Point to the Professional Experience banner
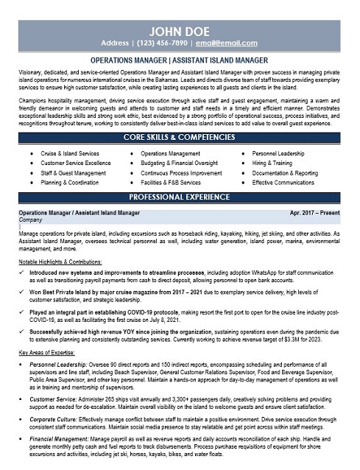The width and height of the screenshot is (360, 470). (x=180, y=197)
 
